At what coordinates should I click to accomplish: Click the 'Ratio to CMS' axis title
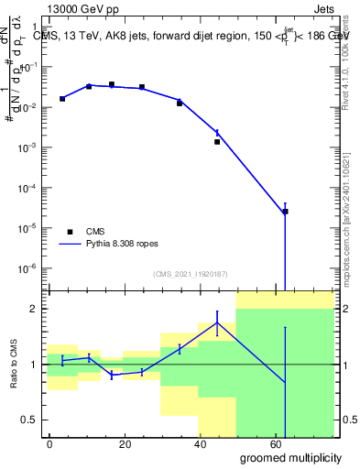[x=15, y=365]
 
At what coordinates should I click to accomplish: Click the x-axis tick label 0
[x=49, y=442]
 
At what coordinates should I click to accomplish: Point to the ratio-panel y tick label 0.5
[x=27, y=420]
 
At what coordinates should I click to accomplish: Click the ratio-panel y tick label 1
[x=30, y=365]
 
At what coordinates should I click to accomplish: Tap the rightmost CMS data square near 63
[x=285, y=212]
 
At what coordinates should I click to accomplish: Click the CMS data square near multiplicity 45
[x=217, y=142]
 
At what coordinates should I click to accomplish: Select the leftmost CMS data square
[x=62, y=98]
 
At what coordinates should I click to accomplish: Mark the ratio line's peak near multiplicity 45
[x=217, y=322]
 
